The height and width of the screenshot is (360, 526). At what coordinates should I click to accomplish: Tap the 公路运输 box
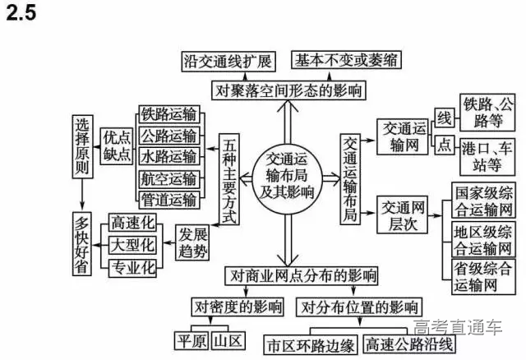point(168,136)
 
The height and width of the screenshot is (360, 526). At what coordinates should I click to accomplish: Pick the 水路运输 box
point(168,156)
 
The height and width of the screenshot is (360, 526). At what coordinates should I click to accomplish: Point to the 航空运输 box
point(168,178)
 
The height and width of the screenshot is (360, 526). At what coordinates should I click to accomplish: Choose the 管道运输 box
point(168,199)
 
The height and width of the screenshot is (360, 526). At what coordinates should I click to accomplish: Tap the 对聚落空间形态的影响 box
point(288,89)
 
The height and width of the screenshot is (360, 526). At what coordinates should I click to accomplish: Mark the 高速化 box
point(131,224)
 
